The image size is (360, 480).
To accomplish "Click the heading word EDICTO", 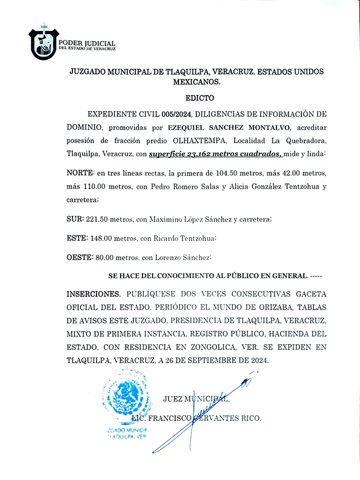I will (199, 98).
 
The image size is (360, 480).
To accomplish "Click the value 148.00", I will (100, 238).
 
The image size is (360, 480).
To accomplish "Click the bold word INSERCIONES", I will (94, 293).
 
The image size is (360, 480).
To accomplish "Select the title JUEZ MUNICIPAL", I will (197, 399).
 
